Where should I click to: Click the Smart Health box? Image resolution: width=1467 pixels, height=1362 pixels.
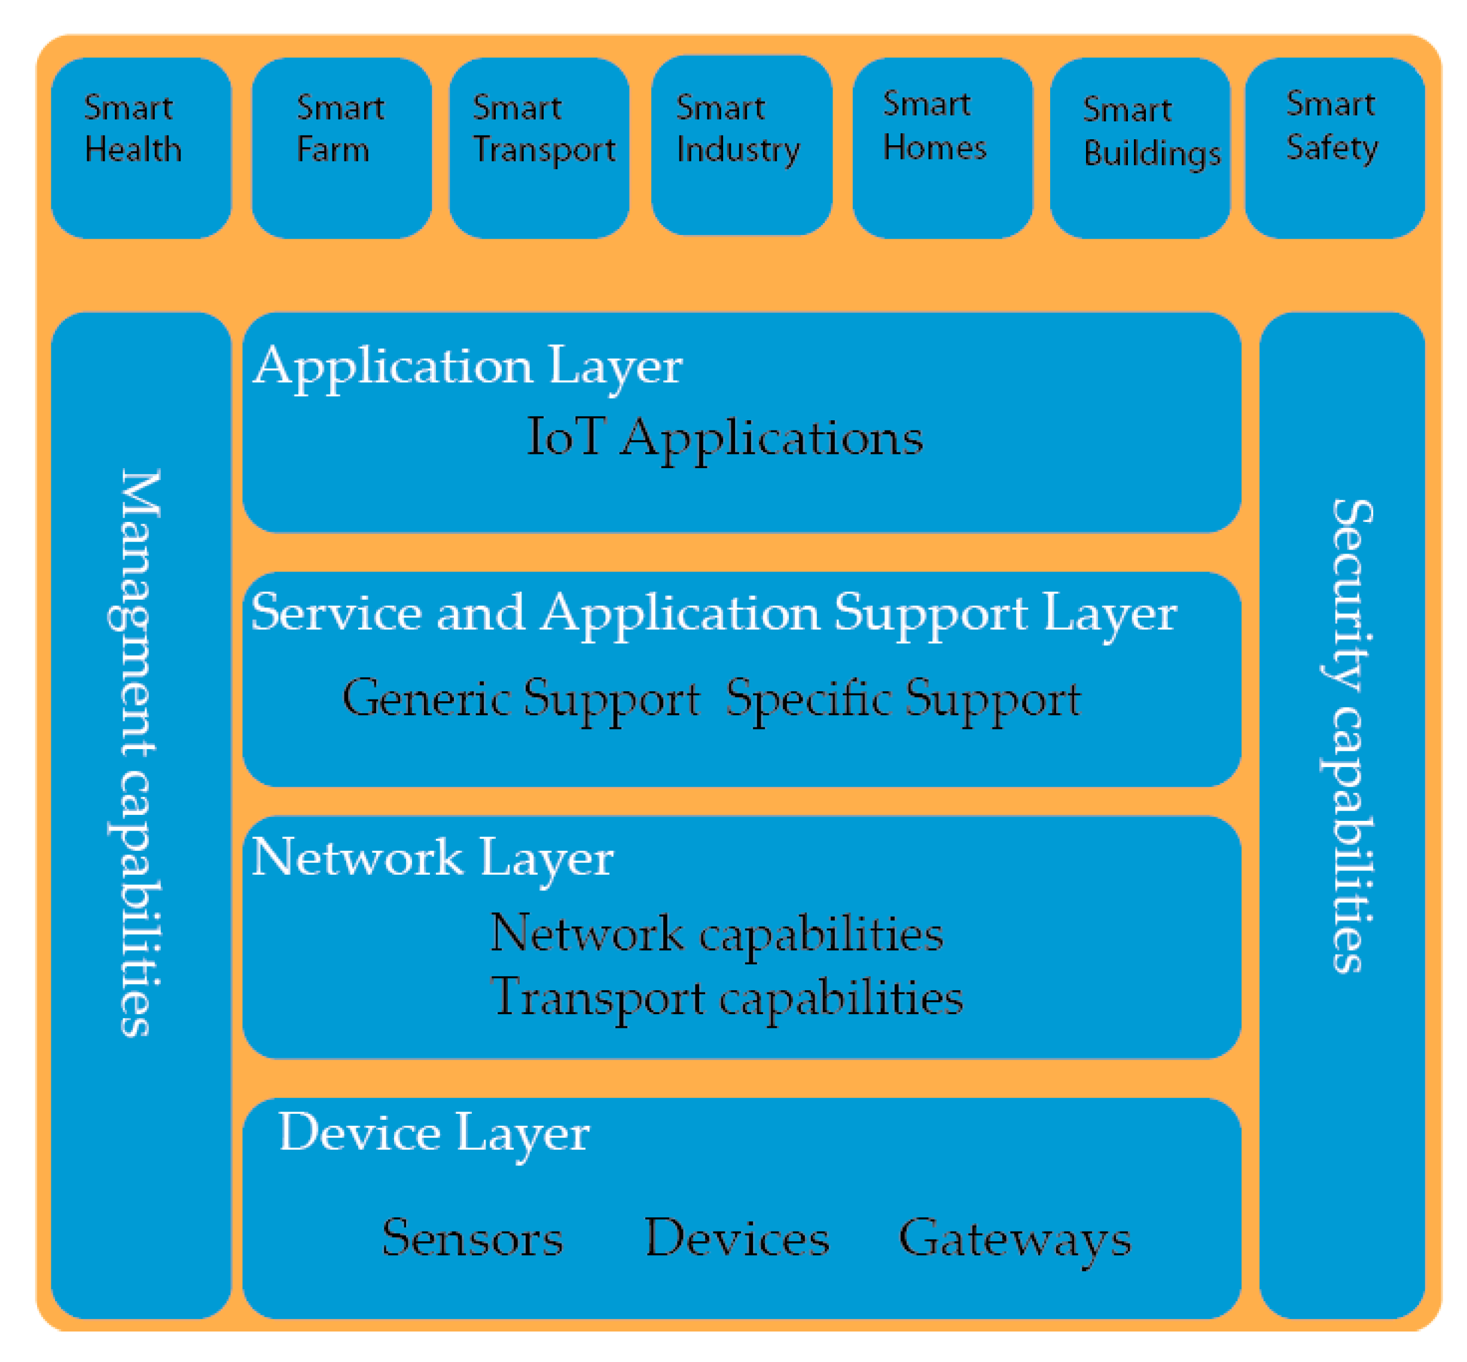tap(140, 148)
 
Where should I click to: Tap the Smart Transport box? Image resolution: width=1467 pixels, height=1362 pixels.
tap(539, 148)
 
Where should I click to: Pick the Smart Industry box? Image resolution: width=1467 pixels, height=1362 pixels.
tap(741, 145)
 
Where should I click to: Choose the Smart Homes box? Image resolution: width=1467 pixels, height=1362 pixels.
tap(941, 148)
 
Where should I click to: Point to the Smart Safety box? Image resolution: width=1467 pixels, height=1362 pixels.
tap(1334, 148)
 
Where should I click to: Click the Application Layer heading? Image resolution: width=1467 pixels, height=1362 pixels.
tap(468, 367)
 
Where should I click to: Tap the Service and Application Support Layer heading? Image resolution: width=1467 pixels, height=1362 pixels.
tap(713, 613)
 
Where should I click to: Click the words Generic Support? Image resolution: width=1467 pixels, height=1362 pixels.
tap(520, 699)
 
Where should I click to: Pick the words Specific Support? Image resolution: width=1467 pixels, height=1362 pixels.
tap(902, 699)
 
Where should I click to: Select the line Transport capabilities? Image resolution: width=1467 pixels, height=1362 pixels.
tap(726, 998)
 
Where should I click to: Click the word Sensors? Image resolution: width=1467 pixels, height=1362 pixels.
tap(472, 1239)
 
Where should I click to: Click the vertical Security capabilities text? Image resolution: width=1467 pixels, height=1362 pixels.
tap(1350, 737)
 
